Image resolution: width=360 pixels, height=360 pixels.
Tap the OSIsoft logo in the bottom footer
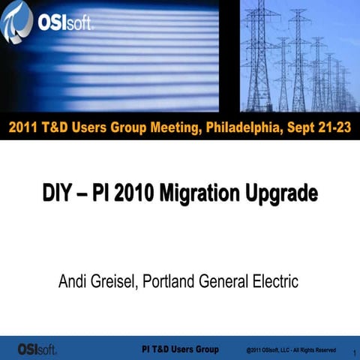(37, 348)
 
